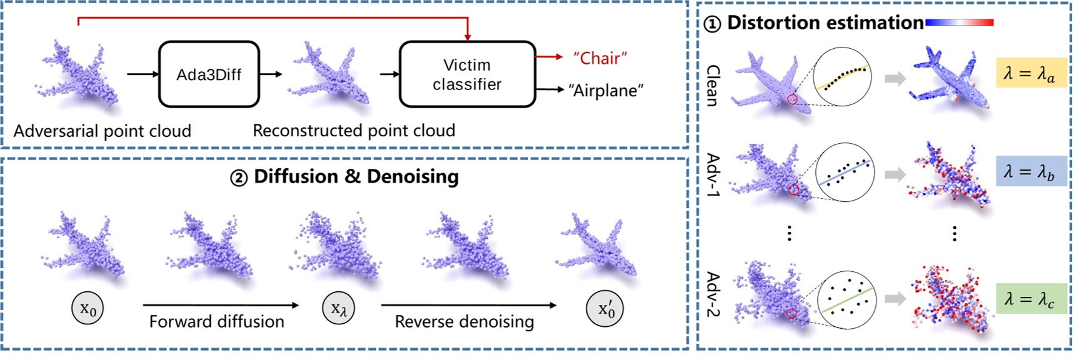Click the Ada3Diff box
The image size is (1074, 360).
(x=209, y=74)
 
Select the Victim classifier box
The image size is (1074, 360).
(x=467, y=74)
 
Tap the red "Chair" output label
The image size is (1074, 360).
(x=600, y=58)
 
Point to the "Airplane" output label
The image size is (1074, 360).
(x=605, y=91)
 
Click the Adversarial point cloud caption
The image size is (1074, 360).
(x=103, y=131)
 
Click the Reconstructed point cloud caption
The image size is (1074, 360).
(x=354, y=131)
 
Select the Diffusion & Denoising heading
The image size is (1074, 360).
(x=345, y=177)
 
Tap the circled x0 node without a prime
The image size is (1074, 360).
(x=88, y=309)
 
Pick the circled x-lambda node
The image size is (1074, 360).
(x=338, y=308)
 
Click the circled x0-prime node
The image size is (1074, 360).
(x=605, y=309)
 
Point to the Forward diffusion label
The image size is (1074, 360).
(x=216, y=321)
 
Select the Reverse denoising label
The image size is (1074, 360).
(x=464, y=322)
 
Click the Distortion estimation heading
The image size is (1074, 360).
(x=814, y=23)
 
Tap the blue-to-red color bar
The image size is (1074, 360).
(x=959, y=22)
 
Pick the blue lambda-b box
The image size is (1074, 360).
(x=1030, y=171)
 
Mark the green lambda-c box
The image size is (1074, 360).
(x=1030, y=298)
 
